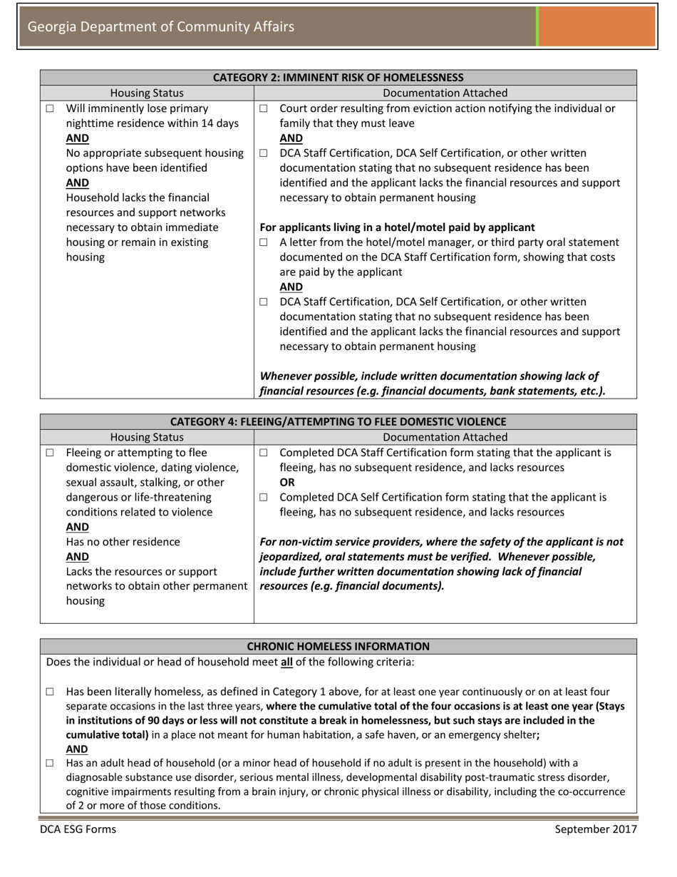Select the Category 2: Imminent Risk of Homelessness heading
click(x=338, y=77)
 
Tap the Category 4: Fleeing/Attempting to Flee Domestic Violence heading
click(x=338, y=421)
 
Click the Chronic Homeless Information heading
click(x=338, y=646)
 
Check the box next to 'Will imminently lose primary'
click(x=50, y=109)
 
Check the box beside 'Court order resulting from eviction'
click(x=264, y=109)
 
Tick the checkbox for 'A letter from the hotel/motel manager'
click(x=264, y=243)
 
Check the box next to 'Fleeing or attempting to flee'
click(x=50, y=453)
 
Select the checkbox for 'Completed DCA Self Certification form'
click(x=264, y=497)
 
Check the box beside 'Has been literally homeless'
click(x=50, y=692)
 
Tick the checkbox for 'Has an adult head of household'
click(x=50, y=763)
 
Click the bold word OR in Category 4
click(x=286, y=482)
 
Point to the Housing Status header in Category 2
click(x=147, y=93)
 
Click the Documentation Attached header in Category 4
click(x=445, y=437)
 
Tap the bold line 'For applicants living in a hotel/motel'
click(x=398, y=227)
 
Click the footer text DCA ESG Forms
click(x=78, y=829)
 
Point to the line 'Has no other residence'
click(x=123, y=542)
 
